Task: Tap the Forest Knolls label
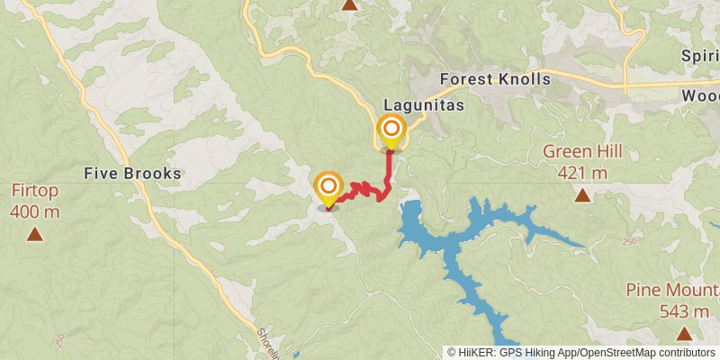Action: coord(494,79)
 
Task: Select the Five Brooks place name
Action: coord(134,173)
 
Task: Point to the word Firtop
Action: coord(35,191)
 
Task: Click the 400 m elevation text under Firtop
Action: coord(35,212)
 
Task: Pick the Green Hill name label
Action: coord(583,151)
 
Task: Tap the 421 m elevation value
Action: coord(583,172)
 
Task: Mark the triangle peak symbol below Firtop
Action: coord(35,235)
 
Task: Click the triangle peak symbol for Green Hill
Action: coord(583,194)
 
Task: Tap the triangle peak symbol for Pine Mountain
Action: coord(685,334)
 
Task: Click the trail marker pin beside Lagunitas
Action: coord(391,131)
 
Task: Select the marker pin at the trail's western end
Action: coord(328,188)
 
